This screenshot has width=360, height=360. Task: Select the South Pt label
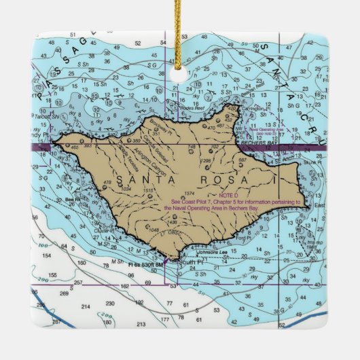tap(185, 262)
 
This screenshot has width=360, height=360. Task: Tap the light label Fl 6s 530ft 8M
tap(145, 264)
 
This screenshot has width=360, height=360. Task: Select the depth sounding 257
tap(79, 282)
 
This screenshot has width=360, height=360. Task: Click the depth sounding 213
tap(141, 325)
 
